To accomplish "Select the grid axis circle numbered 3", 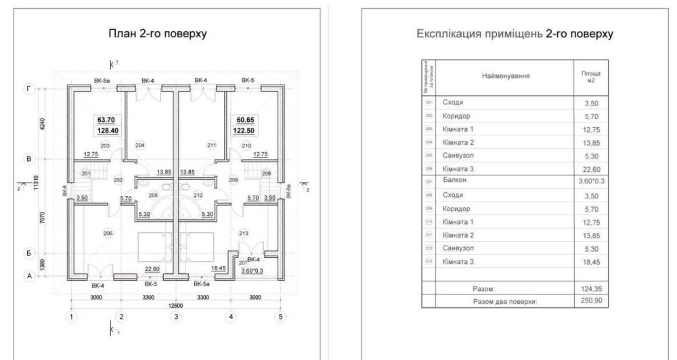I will point(176,316).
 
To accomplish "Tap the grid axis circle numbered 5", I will point(281,316).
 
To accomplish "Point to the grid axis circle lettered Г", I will point(29,89).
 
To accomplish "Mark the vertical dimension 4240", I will point(41,125).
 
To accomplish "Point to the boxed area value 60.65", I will point(242,119).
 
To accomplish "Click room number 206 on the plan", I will point(108,233).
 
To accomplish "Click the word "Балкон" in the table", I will point(456,181).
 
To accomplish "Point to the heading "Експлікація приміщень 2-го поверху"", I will point(516,35).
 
